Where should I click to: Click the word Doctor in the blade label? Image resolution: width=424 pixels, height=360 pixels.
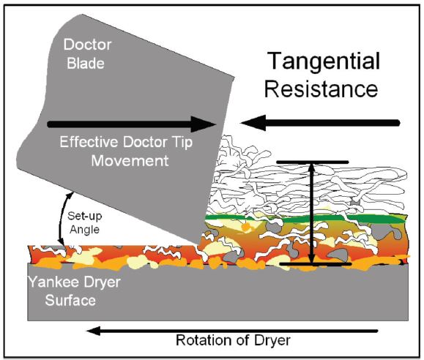point(88,45)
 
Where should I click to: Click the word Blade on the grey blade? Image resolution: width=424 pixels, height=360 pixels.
point(86,64)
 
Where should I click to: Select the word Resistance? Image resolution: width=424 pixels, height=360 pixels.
point(321,89)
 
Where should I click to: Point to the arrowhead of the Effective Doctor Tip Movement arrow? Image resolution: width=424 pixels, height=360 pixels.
point(204,124)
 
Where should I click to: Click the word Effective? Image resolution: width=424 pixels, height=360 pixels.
point(89,142)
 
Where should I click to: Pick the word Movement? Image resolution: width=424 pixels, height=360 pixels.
point(130,161)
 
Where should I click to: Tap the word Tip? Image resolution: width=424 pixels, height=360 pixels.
point(182,143)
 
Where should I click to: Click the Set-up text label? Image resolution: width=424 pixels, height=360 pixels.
point(85,216)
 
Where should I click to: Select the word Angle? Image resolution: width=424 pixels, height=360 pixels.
point(85,230)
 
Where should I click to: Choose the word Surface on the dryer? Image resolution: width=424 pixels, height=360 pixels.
point(70,300)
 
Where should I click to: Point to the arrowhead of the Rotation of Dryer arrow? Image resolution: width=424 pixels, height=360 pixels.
point(93,331)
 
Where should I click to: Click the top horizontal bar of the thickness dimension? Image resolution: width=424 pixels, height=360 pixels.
point(313,162)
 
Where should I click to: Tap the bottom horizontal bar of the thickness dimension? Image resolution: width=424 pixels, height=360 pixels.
point(316,264)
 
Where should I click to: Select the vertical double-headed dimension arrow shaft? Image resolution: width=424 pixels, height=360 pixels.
point(312,213)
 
